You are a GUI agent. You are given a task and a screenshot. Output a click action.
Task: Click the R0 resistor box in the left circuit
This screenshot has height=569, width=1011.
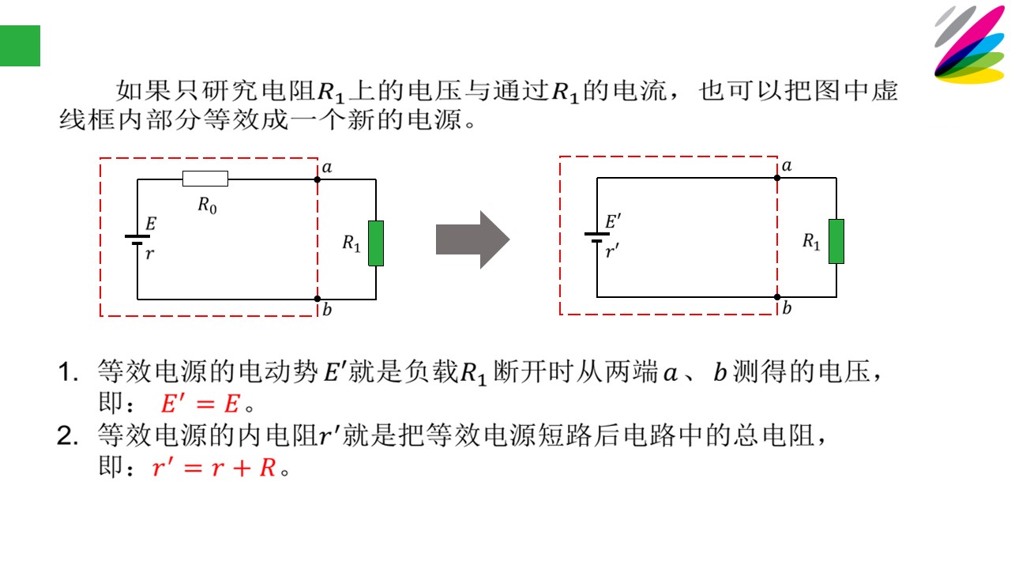205,179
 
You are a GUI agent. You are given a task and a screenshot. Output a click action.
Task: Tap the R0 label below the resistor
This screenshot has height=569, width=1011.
207,205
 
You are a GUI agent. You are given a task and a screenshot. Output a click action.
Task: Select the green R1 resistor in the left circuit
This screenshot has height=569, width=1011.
376,243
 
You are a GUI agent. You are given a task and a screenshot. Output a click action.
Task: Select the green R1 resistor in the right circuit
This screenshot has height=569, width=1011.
836,241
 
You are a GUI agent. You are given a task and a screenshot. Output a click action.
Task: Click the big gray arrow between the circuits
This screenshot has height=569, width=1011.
472,239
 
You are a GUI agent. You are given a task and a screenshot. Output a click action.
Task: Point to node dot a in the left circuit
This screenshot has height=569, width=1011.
318,179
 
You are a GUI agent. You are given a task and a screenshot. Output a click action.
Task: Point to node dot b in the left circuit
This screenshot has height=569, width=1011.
318,299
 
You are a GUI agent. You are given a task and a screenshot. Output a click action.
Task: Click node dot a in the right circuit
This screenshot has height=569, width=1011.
777,178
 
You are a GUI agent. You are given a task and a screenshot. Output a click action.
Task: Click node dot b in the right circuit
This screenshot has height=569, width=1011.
777,297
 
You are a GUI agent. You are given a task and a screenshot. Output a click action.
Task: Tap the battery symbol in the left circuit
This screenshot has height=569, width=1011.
137,239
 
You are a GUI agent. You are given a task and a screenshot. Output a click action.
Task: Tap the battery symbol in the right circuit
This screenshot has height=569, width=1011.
596,238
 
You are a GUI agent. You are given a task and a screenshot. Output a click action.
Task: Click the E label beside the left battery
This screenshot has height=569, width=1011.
151,224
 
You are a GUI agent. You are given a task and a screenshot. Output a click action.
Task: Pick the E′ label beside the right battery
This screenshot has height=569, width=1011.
613,222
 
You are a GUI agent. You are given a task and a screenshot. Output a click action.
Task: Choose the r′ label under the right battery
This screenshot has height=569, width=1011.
612,251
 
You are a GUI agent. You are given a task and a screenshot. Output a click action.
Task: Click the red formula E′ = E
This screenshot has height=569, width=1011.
200,403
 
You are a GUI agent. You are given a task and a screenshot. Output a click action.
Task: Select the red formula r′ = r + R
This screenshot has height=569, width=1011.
214,467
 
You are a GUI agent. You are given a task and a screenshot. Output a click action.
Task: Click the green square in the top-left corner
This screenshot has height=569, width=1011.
20,46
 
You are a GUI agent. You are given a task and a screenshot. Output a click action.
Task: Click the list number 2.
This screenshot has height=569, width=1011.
68,436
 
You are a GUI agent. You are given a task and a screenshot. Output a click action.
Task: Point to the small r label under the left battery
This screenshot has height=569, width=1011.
150,254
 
